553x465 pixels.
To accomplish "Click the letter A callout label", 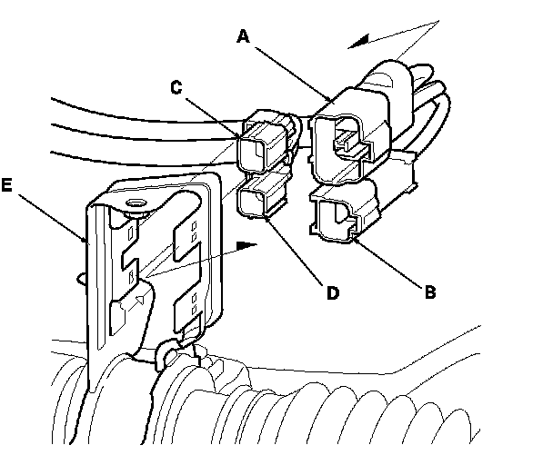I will (x=242, y=36).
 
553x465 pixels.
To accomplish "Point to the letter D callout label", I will (x=333, y=292).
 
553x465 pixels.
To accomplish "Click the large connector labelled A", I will (x=350, y=136).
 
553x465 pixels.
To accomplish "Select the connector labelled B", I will (x=343, y=218).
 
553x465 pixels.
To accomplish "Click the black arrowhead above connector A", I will (x=358, y=40).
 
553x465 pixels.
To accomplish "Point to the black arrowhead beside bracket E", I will (x=243, y=244).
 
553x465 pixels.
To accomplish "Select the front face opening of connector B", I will (x=333, y=218).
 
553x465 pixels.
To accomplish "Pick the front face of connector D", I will (x=252, y=202).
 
